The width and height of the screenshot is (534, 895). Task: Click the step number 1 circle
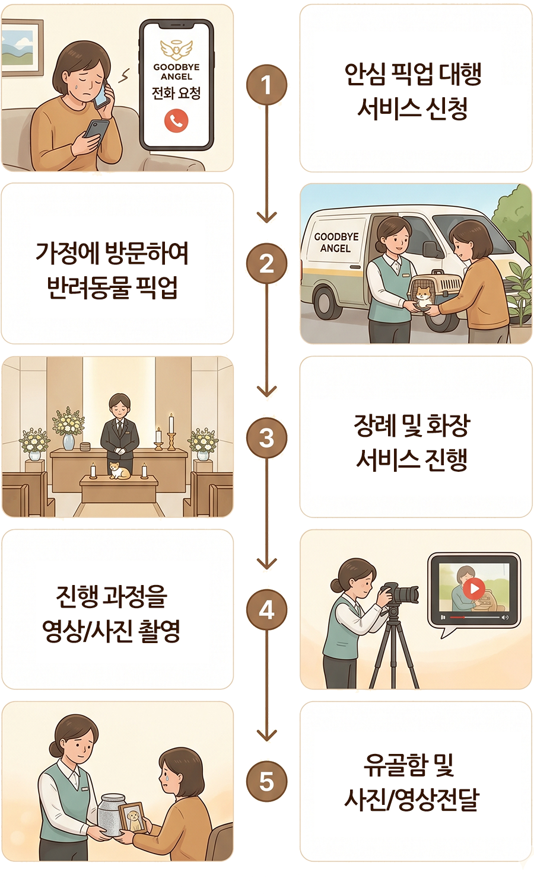pyautogui.click(x=266, y=85)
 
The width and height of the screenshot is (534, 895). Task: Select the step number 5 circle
pyautogui.click(x=266, y=781)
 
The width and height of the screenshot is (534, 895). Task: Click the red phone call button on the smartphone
pyautogui.click(x=176, y=120)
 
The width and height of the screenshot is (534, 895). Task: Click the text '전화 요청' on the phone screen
pyautogui.click(x=176, y=94)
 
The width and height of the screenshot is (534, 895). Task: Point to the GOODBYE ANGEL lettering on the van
pyautogui.click(x=336, y=242)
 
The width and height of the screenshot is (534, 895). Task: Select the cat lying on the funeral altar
pyautogui.click(x=120, y=470)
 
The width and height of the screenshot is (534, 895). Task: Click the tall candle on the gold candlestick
pyautogui.click(x=171, y=432)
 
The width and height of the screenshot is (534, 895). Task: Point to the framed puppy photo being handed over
pyautogui.click(x=133, y=817)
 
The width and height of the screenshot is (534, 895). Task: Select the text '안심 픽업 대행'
pyautogui.click(x=413, y=74)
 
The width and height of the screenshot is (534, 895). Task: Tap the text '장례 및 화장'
pyautogui.click(x=412, y=426)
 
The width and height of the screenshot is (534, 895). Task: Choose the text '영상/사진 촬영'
pyautogui.click(x=112, y=631)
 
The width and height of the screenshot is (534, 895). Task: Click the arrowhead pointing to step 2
pyautogui.click(x=267, y=217)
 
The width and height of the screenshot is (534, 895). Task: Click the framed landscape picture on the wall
pyautogui.click(x=21, y=47)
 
